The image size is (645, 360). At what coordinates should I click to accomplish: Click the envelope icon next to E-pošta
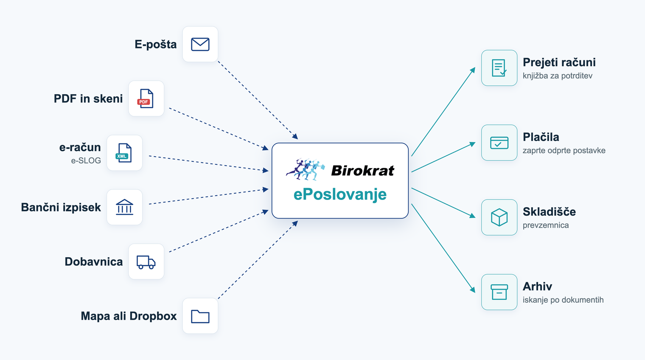(x=200, y=44)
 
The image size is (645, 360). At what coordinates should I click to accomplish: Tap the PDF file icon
(x=146, y=98)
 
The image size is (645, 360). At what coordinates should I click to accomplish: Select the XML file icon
(x=124, y=153)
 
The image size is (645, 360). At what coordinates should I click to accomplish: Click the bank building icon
(x=124, y=207)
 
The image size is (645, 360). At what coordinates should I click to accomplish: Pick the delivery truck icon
(x=146, y=262)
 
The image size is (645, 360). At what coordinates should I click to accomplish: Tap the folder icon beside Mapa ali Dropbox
(x=200, y=316)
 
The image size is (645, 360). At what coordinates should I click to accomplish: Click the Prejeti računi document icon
(x=499, y=68)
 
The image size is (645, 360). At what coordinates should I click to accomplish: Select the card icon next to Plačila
(x=499, y=143)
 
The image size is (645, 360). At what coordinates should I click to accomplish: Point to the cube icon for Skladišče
(x=499, y=217)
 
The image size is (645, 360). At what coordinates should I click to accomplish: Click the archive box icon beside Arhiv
(x=499, y=292)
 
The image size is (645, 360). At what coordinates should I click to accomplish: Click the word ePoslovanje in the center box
(x=340, y=195)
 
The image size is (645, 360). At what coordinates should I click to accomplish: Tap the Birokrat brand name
(x=362, y=171)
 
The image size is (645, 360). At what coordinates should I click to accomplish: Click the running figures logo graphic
(x=306, y=169)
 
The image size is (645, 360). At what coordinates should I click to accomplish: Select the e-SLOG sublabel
(x=86, y=160)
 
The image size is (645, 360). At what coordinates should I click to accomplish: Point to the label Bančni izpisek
(x=61, y=207)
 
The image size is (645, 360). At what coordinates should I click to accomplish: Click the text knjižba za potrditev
(x=558, y=76)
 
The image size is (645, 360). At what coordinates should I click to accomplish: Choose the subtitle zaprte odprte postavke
(x=564, y=151)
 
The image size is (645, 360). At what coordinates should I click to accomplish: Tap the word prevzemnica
(x=546, y=225)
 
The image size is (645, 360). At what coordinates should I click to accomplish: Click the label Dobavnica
(x=94, y=262)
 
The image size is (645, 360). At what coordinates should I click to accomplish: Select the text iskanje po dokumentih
(x=563, y=300)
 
